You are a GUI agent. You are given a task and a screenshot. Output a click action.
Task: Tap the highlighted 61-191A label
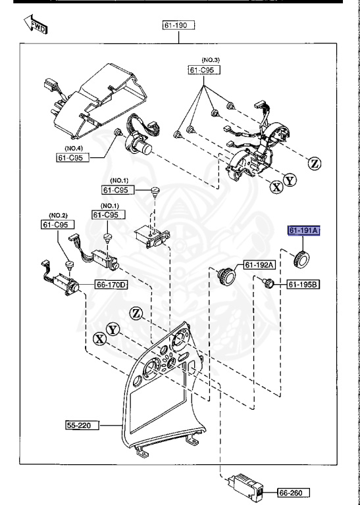pos(303,231)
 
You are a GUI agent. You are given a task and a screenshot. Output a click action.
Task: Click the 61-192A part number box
pos(259,265)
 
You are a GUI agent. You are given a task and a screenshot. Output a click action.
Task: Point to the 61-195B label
pos(303,285)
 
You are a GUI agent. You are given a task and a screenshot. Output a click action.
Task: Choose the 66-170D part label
pos(111,285)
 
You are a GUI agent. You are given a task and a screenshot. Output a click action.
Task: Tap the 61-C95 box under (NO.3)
pos(204,70)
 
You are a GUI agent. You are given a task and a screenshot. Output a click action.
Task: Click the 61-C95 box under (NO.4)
pos(72,157)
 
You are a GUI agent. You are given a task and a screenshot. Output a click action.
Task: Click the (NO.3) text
pos(204,60)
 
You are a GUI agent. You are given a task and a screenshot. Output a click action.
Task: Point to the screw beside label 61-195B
pos(268,283)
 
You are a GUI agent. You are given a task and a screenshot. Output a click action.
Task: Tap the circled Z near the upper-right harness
pos(315,164)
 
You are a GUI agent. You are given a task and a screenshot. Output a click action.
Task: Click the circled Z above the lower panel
pos(137,313)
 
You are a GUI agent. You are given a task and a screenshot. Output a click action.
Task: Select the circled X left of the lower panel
pos(99,339)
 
